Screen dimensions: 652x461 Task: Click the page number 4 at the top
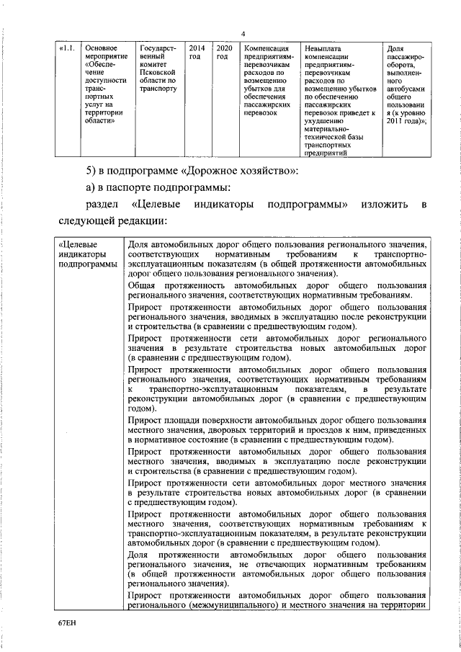(243, 34)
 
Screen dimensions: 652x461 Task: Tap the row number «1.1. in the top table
(66, 48)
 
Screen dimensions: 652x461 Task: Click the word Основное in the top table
(101, 48)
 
